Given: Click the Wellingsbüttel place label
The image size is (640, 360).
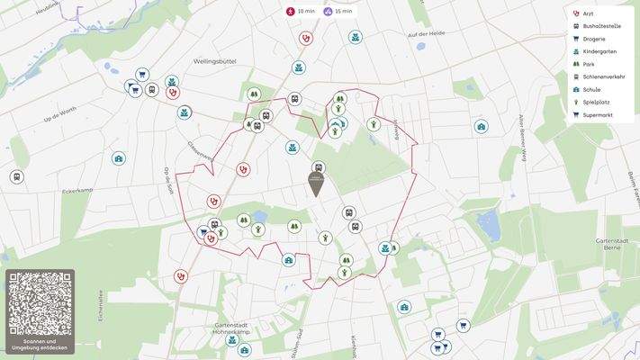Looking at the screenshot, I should click(x=214, y=62).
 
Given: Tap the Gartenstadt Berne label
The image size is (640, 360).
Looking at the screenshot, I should click(x=615, y=246).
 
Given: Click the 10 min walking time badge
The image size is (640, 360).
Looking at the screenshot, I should click(x=301, y=12).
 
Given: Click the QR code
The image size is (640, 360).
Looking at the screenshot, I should click(x=40, y=303).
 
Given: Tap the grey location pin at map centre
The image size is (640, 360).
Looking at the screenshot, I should click(x=316, y=184).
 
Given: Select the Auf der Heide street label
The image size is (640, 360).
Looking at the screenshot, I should click(x=427, y=33).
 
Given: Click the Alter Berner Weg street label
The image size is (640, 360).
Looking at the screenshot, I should click(x=521, y=135).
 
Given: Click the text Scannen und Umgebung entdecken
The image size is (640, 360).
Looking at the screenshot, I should click(x=40, y=345).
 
